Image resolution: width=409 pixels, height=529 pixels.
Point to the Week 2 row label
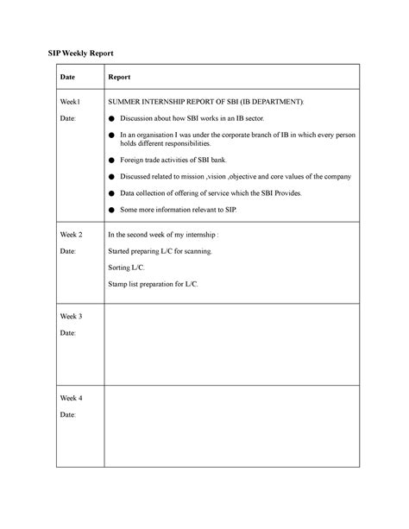(x=71, y=235)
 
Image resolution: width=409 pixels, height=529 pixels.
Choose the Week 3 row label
(x=71, y=317)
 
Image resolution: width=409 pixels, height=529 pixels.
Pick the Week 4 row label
(x=71, y=399)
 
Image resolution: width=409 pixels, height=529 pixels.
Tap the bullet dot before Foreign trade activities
(x=110, y=161)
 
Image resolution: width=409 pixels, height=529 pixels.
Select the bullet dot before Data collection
(x=110, y=193)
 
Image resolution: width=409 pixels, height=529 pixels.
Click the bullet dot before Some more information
(x=110, y=210)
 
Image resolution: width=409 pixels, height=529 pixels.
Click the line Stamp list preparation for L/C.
(x=152, y=284)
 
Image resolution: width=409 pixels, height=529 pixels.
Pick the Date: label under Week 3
(x=67, y=333)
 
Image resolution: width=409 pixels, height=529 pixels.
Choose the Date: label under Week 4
(x=67, y=415)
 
